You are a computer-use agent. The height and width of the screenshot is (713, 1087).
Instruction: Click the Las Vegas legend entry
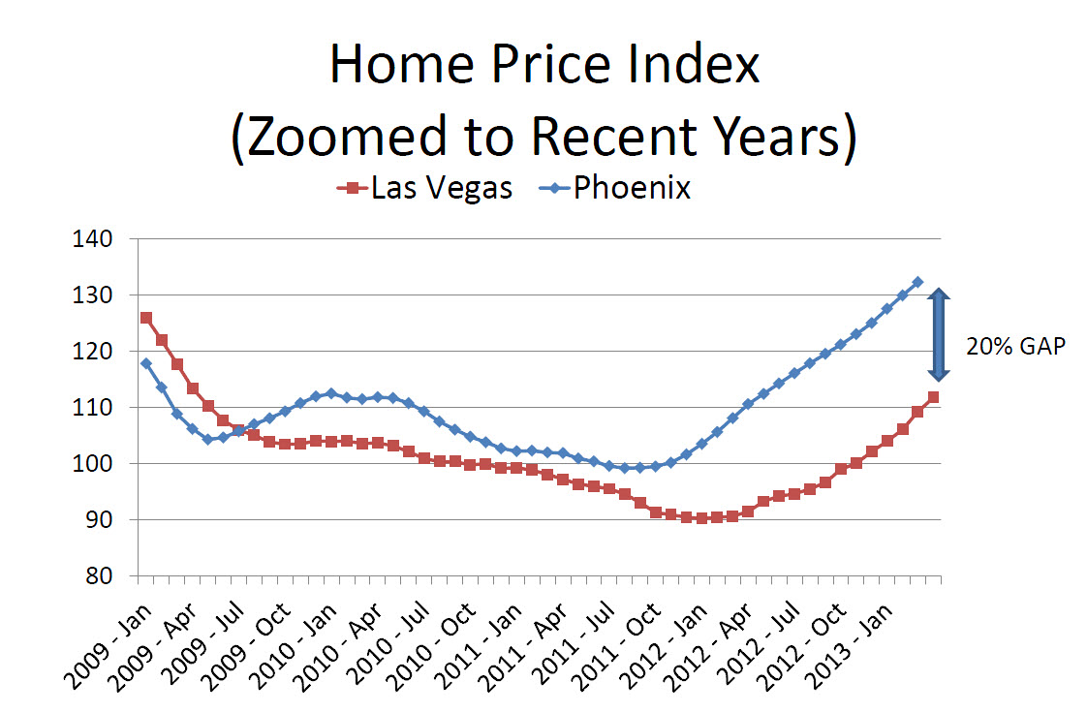(425, 187)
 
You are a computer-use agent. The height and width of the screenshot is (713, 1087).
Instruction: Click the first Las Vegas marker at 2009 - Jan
(145, 318)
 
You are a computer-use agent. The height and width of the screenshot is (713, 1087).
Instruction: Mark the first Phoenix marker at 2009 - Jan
(145, 363)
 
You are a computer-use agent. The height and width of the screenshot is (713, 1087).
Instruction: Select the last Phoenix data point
(917, 282)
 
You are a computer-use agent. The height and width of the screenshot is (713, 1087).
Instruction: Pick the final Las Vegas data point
(933, 397)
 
